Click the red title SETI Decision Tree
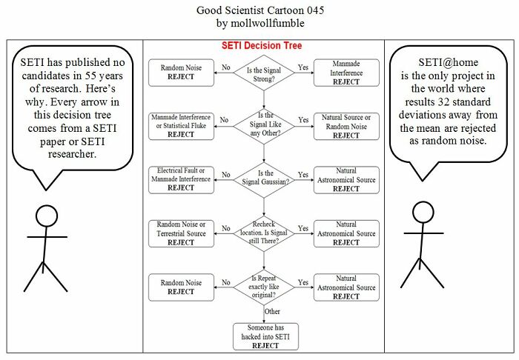tap(262, 46)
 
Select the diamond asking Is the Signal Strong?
tap(264, 72)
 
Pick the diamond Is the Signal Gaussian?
tap(264, 179)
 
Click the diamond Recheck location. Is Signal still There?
tap(264, 233)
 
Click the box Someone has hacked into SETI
tap(265, 336)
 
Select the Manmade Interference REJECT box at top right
tap(346, 73)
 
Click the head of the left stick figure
tap(47, 216)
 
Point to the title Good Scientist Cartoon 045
tap(259, 10)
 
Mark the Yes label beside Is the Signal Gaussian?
tap(303, 175)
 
